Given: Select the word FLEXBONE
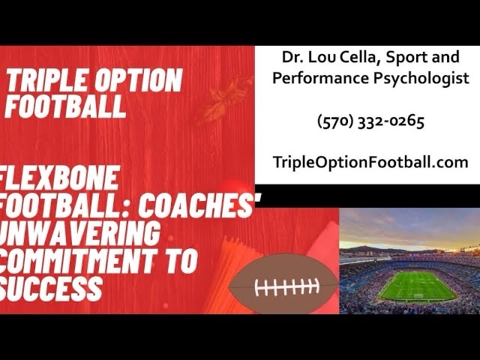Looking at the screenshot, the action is coord(59,178).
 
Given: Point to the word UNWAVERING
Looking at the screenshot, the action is coord(80,234).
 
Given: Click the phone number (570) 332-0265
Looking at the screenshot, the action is coord(370,121).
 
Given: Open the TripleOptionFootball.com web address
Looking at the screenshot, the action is coord(370,162).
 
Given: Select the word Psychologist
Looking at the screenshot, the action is coord(421,78).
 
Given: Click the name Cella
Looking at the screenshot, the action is coord(360,57).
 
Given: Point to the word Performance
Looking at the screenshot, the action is coord(321,78).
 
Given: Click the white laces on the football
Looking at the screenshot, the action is coord(286,287).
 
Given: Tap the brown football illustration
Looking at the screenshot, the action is coord(283,284).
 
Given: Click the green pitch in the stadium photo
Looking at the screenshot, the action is coord(417,286).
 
